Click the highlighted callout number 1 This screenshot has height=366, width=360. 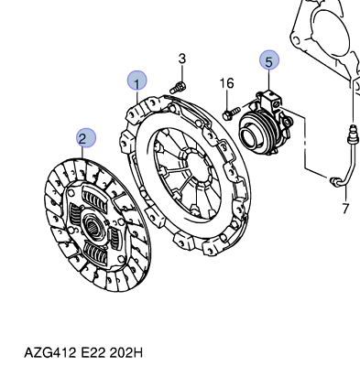(137, 81)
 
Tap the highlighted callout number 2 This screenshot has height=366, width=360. (86, 138)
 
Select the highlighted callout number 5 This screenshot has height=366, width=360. (269, 59)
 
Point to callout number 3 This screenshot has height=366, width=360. (182, 59)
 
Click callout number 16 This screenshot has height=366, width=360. (227, 83)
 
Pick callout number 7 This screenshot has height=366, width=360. (345, 209)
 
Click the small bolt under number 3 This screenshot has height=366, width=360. (178, 88)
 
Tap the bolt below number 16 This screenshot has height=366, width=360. (232, 113)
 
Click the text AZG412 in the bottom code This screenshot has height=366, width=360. (49, 353)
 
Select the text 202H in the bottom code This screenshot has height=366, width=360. (125, 353)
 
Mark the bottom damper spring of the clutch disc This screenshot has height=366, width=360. (95, 253)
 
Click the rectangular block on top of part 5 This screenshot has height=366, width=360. (271, 98)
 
